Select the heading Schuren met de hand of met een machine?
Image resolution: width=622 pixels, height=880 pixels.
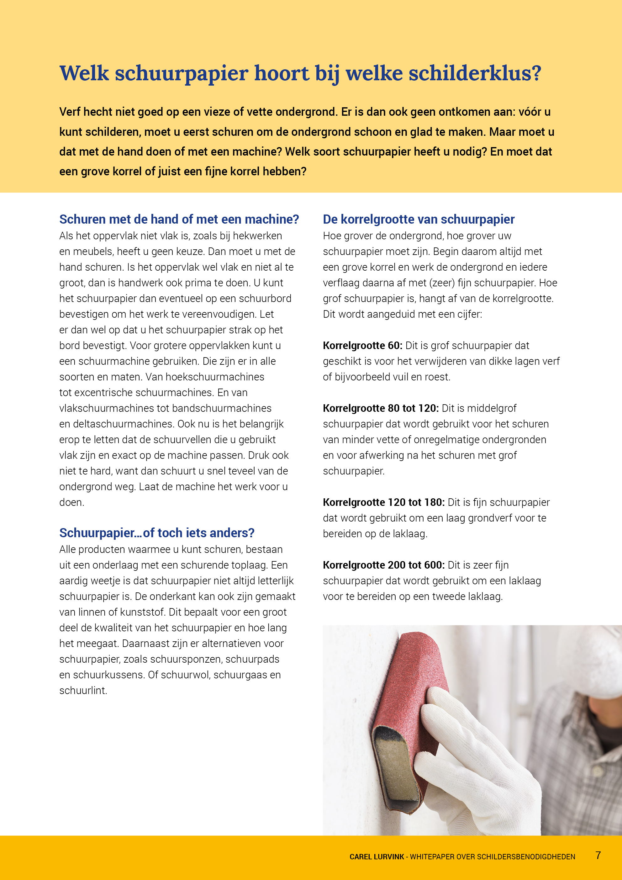pyautogui.click(x=179, y=219)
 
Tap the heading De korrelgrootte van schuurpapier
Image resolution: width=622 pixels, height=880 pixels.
pyautogui.click(x=419, y=219)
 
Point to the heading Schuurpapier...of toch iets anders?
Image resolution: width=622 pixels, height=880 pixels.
pyautogui.click(x=157, y=533)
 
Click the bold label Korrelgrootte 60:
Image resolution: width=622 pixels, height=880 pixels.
pyautogui.click(x=362, y=345)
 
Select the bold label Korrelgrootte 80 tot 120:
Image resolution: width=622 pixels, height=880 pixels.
pyautogui.click(x=381, y=408)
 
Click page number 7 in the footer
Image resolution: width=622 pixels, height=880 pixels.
pyautogui.click(x=598, y=855)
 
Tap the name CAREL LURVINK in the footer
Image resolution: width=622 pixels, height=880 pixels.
pyautogui.click(x=377, y=856)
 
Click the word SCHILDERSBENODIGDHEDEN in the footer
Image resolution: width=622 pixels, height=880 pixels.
pyautogui.click(x=526, y=856)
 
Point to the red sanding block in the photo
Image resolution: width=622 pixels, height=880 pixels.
pyautogui.click(x=406, y=713)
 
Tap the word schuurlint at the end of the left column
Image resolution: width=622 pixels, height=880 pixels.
pyautogui.click(x=82, y=690)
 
